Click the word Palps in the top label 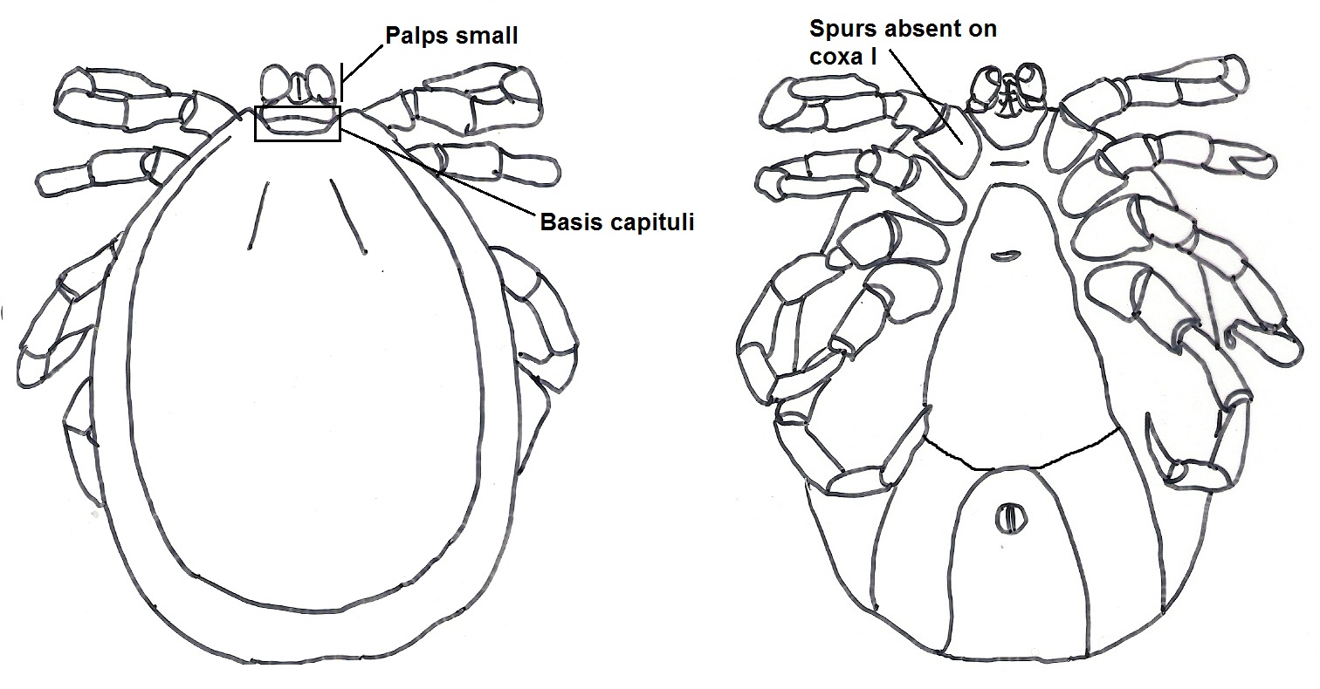point(413,37)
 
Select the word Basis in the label point(568,222)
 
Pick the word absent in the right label point(920,29)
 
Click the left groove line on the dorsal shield point(259,218)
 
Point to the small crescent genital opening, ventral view point(1006,255)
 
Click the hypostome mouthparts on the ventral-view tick point(1011,92)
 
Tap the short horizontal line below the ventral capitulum point(1010,162)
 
